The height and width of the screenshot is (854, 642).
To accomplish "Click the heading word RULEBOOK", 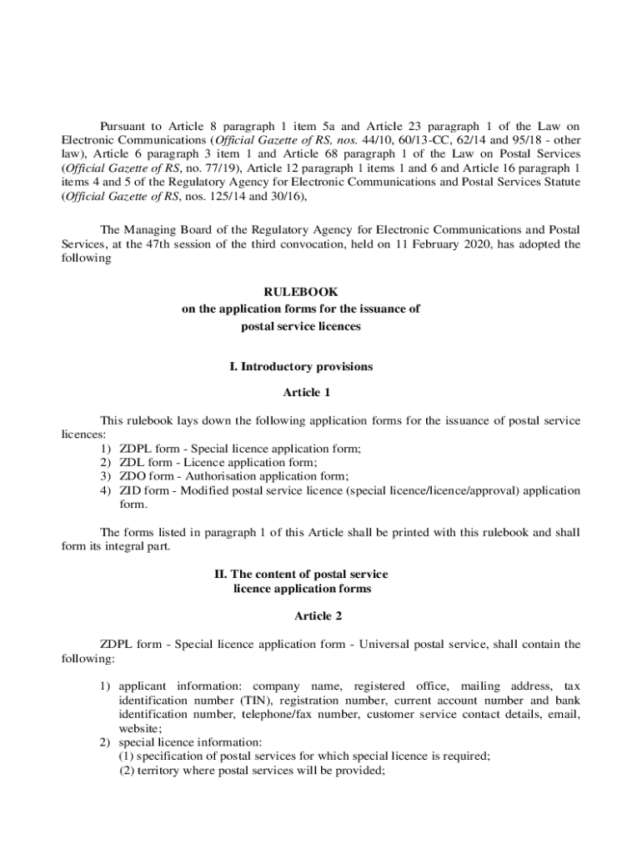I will [x=301, y=292].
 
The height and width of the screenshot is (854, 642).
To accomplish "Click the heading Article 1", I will [x=307, y=392].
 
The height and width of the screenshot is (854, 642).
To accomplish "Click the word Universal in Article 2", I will [x=396, y=644].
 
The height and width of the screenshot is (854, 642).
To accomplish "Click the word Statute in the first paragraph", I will [x=559, y=182].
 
